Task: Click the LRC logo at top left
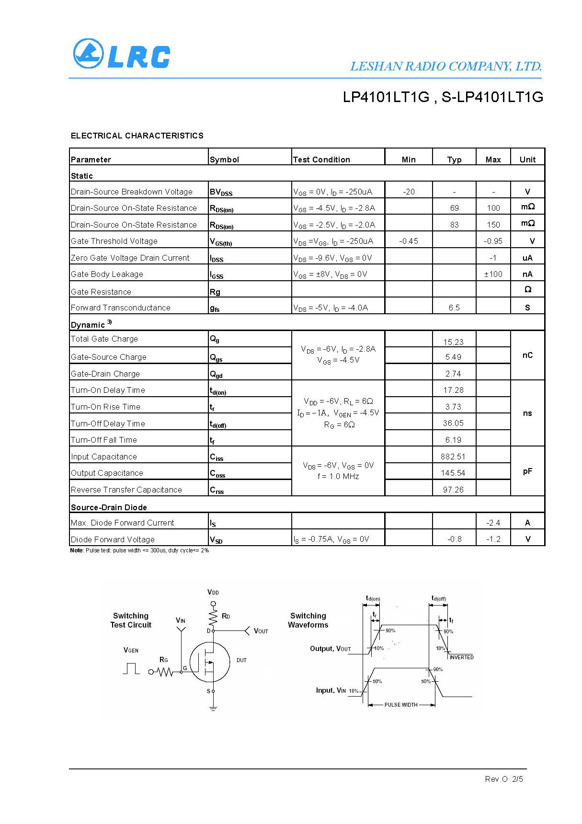click(x=122, y=54)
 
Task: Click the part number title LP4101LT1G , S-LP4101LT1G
click(x=443, y=97)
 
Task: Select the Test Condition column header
click(x=321, y=160)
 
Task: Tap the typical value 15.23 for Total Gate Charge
click(x=453, y=342)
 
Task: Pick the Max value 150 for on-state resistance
click(x=493, y=225)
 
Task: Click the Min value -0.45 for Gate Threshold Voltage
click(x=408, y=241)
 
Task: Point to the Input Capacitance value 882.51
click(x=453, y=457)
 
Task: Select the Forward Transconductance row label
click(x=120, y=308)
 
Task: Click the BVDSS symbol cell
click(x=221, y=192)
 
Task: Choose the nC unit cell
click(x=527, y=355)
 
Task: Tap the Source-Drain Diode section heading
click(x=109, y=507)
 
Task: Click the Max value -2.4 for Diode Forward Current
click(x=493, y=523)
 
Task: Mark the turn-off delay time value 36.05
click(x=453, y=423)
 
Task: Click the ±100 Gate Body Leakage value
click(x=493, y=274)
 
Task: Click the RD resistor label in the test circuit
click(x=226, y=616)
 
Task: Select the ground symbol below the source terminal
click(x=213, y=708)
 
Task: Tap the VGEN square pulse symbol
click(x=131, y=668)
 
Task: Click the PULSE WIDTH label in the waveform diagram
click(x=401, y=705)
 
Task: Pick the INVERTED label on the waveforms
click(x=461, y=657)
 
